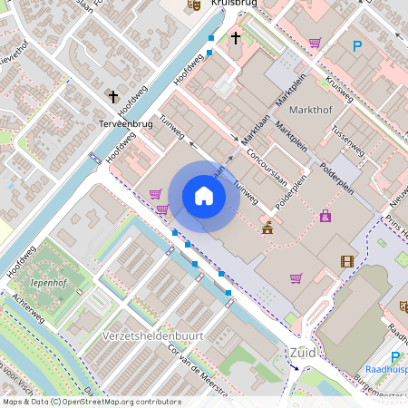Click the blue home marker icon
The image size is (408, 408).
tap(204, 196)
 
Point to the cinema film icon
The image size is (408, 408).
tap(347, 261)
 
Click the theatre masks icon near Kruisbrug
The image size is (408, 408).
tap(192, 5)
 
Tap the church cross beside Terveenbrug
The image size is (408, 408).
tap(114, 96)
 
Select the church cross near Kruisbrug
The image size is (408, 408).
tap(236, 38)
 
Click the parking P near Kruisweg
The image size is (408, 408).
tap(357, 45)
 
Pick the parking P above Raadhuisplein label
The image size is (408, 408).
tap(394, 357)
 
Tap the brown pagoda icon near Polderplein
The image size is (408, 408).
tap(267, 228)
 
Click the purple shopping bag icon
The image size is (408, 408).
tap(325, 216)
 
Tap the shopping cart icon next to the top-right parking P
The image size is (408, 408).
tap(315, 42)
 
